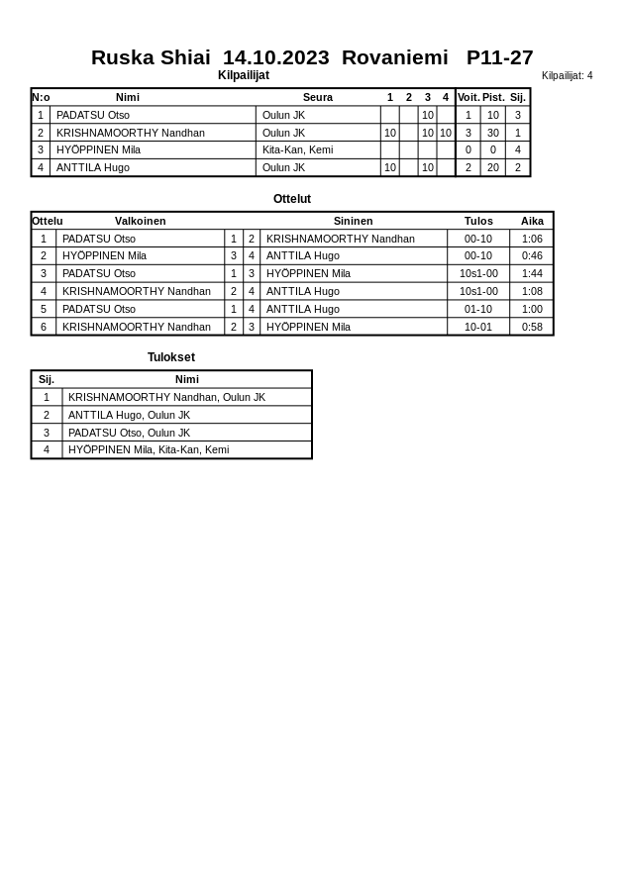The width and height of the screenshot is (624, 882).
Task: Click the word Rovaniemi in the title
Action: [394, 57]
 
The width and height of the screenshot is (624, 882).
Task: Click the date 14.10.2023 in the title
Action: [275, 57]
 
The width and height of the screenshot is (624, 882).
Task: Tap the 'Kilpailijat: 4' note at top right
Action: [567, 75]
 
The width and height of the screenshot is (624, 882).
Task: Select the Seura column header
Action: [317, 97]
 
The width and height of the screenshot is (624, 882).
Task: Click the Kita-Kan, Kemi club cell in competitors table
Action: [297, 149]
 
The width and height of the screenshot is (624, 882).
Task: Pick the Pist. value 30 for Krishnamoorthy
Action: [492, 133]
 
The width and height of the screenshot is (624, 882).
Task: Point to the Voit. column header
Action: [468, 97]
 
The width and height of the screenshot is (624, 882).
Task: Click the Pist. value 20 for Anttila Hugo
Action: [492, 167]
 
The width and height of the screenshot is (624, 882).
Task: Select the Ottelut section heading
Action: [292, 199]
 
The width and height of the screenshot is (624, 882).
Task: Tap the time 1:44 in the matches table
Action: [532, 273]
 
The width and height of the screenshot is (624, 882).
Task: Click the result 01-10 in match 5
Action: [478, 309]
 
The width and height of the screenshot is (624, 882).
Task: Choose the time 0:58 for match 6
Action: [532, 327]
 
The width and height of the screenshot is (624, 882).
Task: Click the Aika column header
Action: [532, 221]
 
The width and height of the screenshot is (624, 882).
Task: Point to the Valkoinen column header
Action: [140, 221]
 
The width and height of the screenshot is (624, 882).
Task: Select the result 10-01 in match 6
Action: [478, 327]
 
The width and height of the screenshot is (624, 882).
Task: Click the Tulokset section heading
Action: [171, 357]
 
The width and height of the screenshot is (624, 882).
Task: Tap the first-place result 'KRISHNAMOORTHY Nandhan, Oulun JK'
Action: [166, 397]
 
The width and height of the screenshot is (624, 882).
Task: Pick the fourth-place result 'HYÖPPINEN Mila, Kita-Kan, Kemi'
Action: [149, 449]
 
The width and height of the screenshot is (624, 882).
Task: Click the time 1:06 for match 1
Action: [532, 239]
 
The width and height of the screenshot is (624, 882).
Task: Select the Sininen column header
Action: [353, 221]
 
